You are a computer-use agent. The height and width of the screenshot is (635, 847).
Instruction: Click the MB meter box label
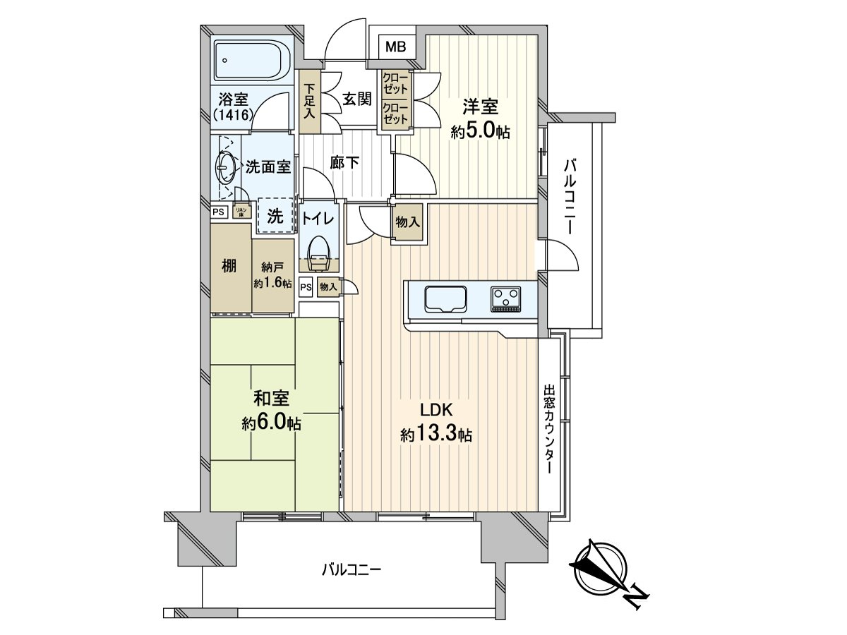(x=395, y=47)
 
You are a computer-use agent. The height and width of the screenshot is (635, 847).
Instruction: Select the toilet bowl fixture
(x=318, y=249)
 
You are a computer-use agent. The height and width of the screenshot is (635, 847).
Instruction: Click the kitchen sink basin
(x=445, y=298)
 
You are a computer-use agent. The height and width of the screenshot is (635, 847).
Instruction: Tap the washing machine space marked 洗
(x=275, y=216)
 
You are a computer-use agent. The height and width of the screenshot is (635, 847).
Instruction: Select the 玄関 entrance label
(x=357, y=99)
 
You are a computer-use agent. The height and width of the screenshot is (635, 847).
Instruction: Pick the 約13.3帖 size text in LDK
(x=435, y=436)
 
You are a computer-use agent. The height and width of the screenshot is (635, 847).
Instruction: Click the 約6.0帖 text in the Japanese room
(x=271, y=423)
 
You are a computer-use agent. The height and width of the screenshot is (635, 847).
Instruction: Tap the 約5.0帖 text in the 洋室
(x=481, y=132)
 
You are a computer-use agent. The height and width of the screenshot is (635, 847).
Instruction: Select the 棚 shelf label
(x=229, y=266)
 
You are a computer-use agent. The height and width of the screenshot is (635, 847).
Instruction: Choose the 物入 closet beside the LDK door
(x=408, y=222)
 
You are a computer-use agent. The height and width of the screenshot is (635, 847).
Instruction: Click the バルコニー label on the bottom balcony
(x=351, y=569)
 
